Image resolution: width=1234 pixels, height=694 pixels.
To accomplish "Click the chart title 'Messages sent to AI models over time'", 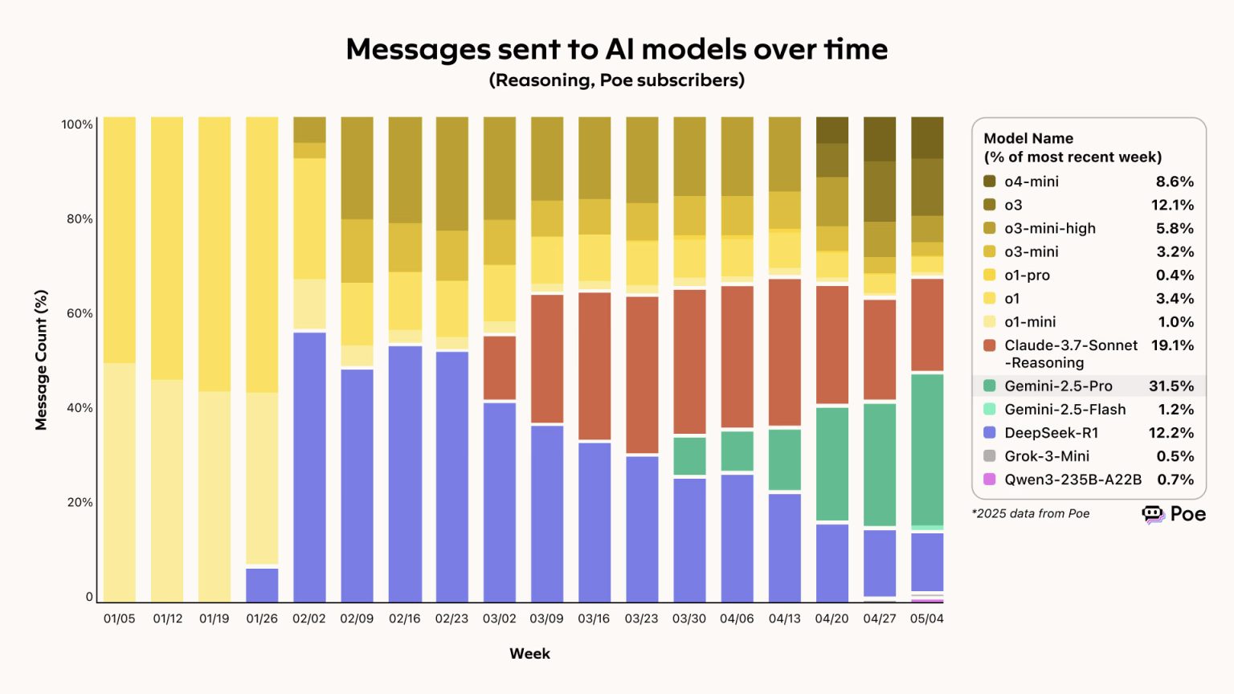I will [616, 49].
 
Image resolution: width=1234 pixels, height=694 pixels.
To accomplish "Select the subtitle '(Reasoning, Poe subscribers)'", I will [616, 80].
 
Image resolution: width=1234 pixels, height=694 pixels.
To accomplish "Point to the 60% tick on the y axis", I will [80, 313].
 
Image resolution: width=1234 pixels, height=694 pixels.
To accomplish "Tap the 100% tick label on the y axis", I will [77, 125].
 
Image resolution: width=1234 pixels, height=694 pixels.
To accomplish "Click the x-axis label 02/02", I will [309, 618].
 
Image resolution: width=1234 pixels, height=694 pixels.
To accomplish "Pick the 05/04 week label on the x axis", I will [926, 618].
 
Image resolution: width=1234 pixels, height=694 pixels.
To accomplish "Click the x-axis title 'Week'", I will [529, 653].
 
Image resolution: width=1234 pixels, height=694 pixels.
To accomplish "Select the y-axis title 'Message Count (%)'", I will [41, 360].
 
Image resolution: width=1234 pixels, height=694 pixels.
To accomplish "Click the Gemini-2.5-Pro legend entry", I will [1058, 386].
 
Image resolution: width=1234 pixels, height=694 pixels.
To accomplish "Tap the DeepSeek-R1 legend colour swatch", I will [990, 432].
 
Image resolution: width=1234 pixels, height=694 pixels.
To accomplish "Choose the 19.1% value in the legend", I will [1172, 345].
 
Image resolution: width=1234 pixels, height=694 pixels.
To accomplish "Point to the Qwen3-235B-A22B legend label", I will [1073, 480].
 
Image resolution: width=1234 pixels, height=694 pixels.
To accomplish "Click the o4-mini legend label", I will [1032, 182].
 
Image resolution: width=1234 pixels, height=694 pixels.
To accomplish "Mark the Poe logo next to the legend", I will [1174, 514].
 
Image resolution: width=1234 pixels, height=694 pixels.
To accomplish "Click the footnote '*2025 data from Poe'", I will [1031, 513].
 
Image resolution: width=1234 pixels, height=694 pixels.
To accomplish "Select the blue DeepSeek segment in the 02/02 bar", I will [309, 466].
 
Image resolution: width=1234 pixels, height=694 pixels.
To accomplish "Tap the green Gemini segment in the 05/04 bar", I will [927, 450].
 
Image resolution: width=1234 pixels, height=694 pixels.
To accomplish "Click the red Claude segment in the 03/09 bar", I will [547, 358].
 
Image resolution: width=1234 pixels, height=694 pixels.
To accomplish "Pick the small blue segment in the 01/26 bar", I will [262, 585].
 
